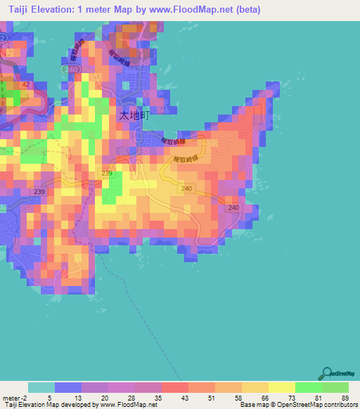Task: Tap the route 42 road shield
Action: pyautogui.click(x=26, y=84)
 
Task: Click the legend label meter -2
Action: pyautogui.click(x=14, y=398)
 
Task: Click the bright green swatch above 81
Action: pyautogui.click(x=308, y=387)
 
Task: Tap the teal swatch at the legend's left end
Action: pyautogui.click(x=41, y=387)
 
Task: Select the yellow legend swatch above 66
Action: pyautogui.click(x=255, y=387)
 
